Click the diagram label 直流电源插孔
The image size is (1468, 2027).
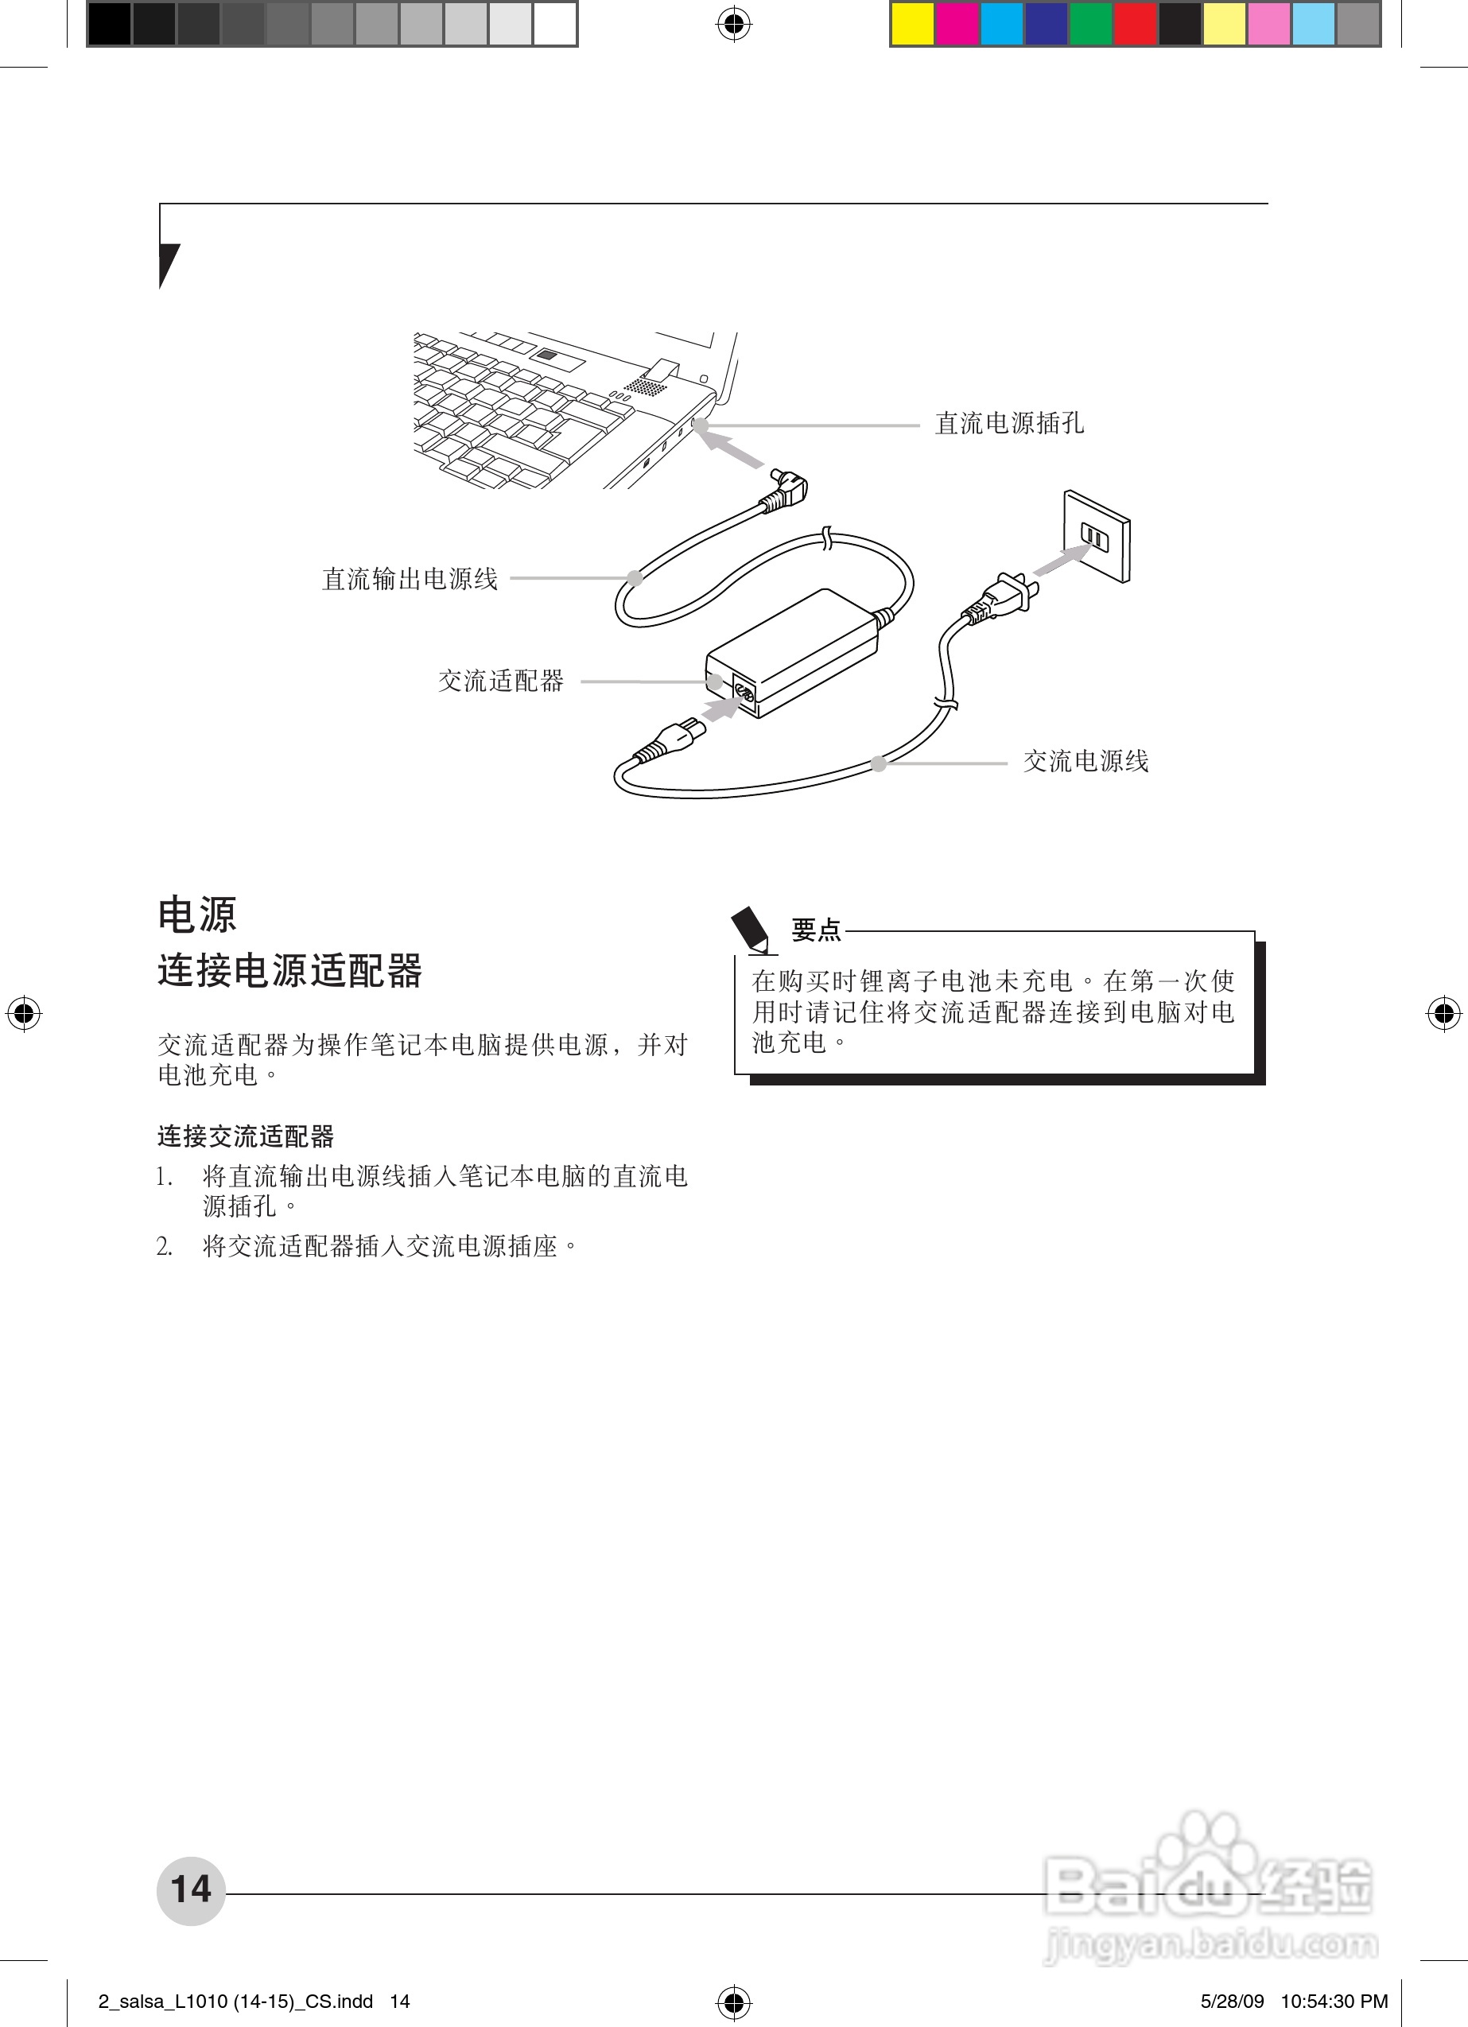coord(1009,424)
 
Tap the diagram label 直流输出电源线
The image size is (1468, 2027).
coord(410,579)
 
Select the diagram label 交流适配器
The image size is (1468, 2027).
coord(501,681)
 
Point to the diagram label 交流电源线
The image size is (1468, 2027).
coord(1086,762)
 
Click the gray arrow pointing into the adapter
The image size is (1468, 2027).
coord(720,707)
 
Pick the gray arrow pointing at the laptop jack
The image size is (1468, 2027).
coord(728,446)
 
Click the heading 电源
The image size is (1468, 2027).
coord(197,915)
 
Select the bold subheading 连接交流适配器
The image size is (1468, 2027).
coord(246,1137)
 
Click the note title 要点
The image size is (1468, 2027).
coord(816,930)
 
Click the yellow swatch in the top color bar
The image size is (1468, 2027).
coord(913,24)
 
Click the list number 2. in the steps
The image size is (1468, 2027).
coord(165,1247)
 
